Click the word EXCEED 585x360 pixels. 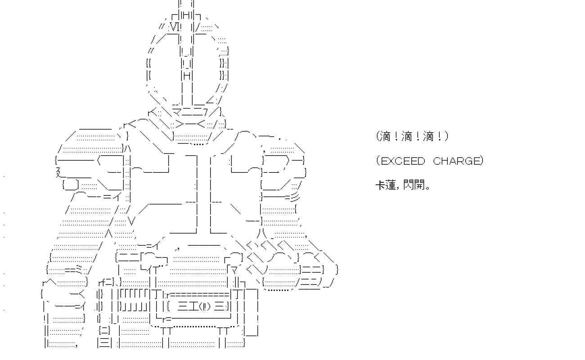pos(403,161)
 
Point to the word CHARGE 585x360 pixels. pos(456,161)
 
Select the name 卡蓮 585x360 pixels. pos(386,185)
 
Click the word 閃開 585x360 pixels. pos(414,185)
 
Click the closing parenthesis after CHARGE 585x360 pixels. pos(482,161)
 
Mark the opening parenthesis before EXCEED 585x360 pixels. pos(378,161)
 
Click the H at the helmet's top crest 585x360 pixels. pos(186,16)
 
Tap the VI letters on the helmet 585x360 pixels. pos(174,27)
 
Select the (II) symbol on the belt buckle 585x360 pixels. pos(205,306)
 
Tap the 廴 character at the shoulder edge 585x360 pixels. pos(59,172)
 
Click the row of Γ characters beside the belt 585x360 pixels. pos(133,294)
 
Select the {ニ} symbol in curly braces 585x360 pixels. pos(104,330)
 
